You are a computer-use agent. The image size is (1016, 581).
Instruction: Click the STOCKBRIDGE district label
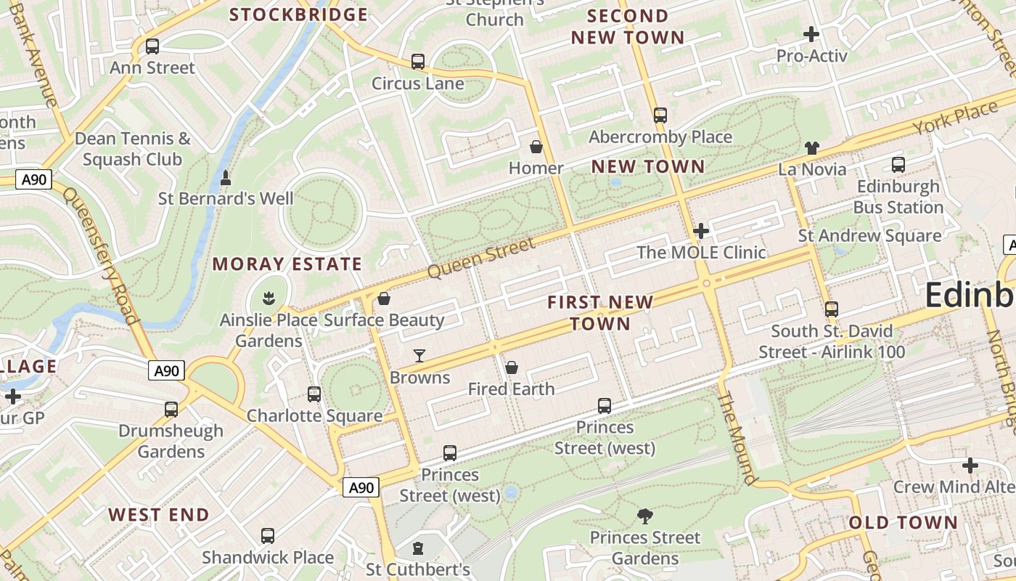(x=298, y=15)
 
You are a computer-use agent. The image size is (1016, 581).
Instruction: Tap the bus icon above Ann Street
(x=152, y=46)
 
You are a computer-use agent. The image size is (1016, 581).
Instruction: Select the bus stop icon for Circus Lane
(x=418, y=62)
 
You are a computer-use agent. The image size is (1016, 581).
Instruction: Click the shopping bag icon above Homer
(x=536, y=147)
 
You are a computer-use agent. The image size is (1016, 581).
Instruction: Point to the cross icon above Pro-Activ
(x=811, y=33)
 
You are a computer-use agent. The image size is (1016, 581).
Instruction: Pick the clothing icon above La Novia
(x=811, y=148)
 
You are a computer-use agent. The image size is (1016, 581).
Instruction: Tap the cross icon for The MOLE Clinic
(x=701, y=232)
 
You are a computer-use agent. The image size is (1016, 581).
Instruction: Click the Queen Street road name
(x=481, y=258)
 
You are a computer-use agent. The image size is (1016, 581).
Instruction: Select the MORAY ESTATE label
(x=287, y=264)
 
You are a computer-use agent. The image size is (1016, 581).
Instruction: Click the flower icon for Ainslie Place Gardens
(x=269, y=298)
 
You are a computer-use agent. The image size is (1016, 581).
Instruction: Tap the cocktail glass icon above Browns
(x=419, y=356)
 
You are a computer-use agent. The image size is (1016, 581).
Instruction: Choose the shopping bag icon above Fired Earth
(x=512, y=367)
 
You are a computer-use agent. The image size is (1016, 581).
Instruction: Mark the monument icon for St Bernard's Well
(x=226, y=178)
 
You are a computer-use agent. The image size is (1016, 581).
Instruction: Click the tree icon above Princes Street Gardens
(x=644, y=516)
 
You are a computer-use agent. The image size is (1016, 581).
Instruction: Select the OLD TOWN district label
(x=903, y=523)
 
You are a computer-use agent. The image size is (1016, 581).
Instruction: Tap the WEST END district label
(x=159, y=516)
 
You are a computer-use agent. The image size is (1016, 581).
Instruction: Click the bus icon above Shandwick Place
(x=268, y=536)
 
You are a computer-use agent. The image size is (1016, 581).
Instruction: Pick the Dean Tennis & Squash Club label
(x=132, y=148)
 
